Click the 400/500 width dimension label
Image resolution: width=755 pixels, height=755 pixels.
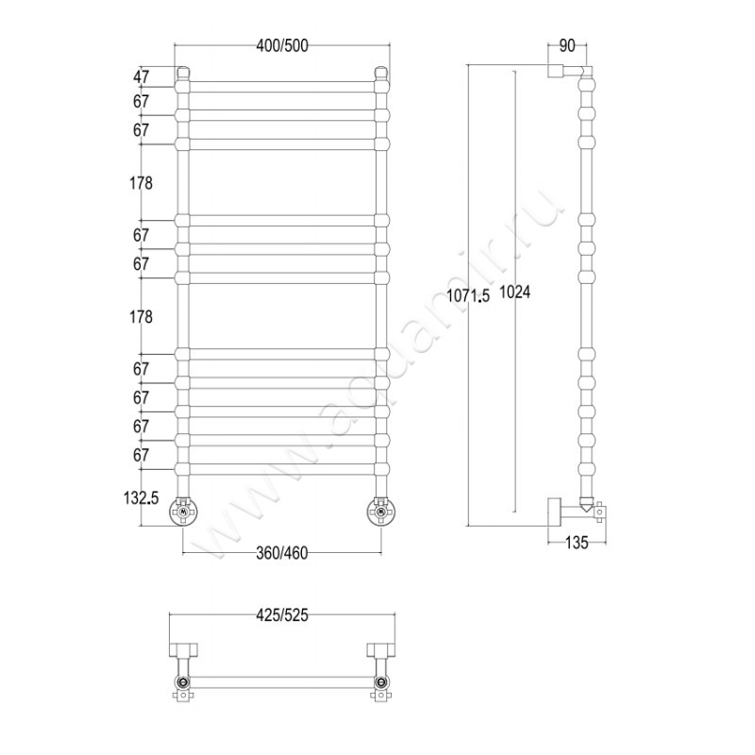click(x=282, y=45)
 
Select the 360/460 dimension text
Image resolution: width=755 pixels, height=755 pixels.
click(x=282, y=553)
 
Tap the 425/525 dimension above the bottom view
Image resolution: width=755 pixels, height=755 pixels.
click(x=282, y=615)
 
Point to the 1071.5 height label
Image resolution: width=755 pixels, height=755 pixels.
click(x=467, y=295)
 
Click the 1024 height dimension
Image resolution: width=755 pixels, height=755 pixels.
click(x=515, y=292)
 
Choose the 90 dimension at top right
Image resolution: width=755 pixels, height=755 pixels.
click(x=567, y=45)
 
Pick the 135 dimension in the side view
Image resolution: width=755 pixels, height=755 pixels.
click(x=577, y=543)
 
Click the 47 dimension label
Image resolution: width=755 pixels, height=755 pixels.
click(x=141, y=76)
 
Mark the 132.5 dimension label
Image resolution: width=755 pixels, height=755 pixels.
click(x=141, y=498)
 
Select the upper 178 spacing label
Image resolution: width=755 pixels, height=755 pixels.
click(x=141, y=183)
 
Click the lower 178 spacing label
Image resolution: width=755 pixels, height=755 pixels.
click(x=141, y=317)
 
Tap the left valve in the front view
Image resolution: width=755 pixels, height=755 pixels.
click(x=183, y=512)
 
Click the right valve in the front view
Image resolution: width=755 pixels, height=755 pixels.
click(x=381, y=512)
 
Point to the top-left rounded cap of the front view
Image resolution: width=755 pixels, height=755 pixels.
click(x=183, y=73)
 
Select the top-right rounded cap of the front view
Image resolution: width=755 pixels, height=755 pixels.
click(x=381, y=73)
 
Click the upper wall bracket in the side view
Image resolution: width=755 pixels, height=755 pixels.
click(x=556, y=70)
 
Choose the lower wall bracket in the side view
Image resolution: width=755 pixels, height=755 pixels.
click(x=554, y=512)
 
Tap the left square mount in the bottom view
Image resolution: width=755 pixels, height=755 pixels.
click(x=183, y=649)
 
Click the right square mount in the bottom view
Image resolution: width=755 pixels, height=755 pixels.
click(x=381, y=649)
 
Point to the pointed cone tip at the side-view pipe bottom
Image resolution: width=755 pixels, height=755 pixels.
click(x=586, y=511)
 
